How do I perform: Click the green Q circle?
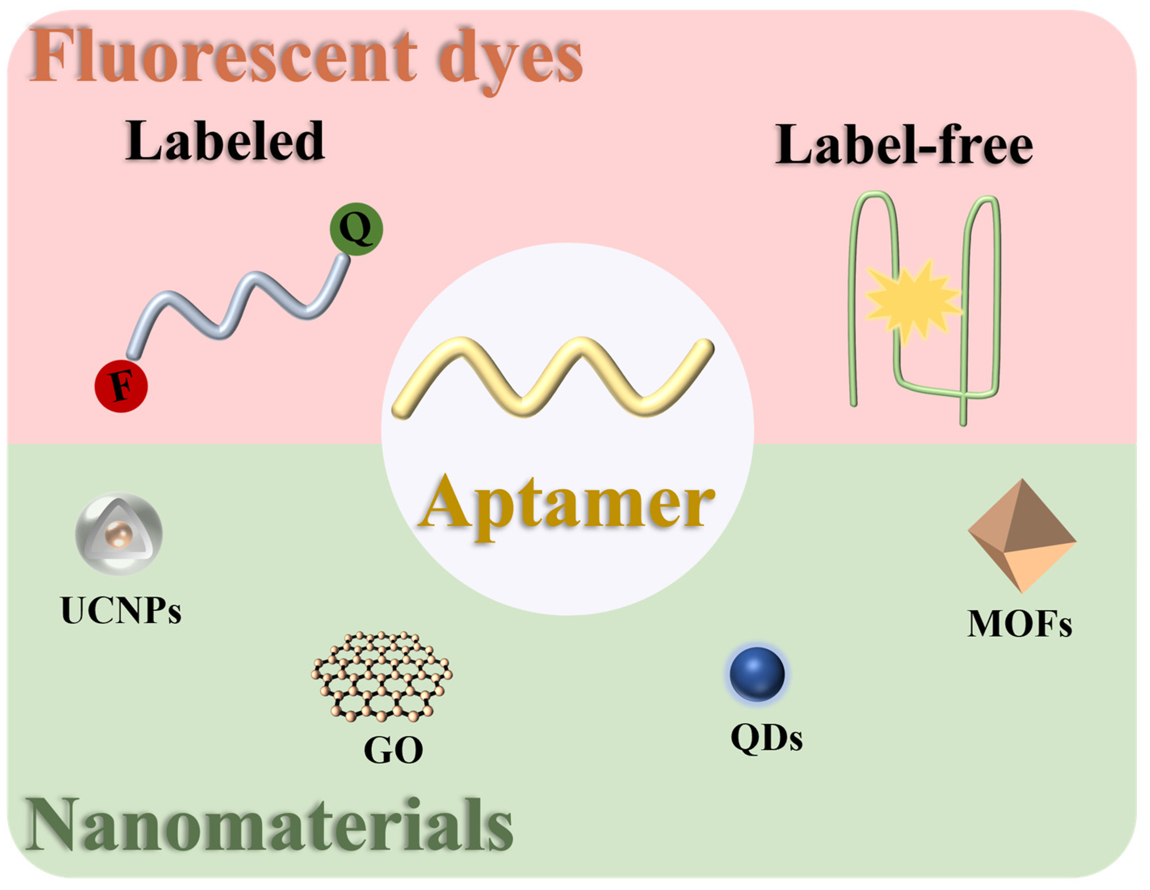(357, 229)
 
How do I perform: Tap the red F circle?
(121, 386)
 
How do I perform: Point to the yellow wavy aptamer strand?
(553, 376)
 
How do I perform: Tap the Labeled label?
(225, 141)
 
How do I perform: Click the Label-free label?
(904, 145)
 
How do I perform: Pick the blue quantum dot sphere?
(757, 674)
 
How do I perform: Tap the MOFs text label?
(1020, 624)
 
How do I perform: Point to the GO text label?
(393, 750)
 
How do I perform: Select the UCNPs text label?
(121, 611)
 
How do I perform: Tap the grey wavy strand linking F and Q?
(237, 305)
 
